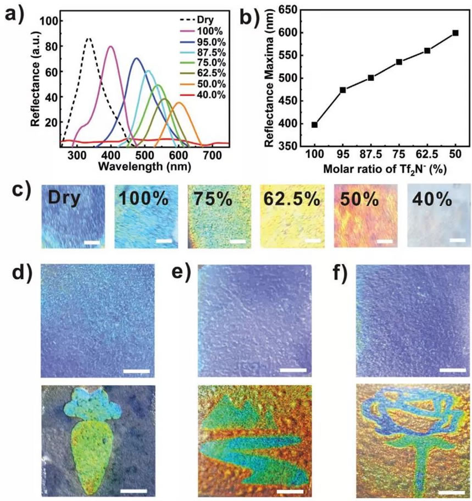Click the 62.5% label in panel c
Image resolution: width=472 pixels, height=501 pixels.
coord(288,199)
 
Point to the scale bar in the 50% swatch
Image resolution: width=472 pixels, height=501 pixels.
coord(385,241)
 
